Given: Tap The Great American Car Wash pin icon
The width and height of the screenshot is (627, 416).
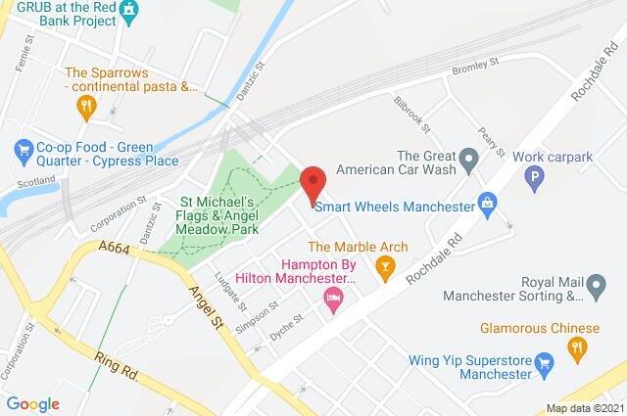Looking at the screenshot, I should click(x=468, y=157).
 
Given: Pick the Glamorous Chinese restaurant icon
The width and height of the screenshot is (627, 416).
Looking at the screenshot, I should click(x=577, y=346).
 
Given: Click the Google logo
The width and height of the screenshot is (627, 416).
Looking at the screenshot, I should click(x=32, y=403).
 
